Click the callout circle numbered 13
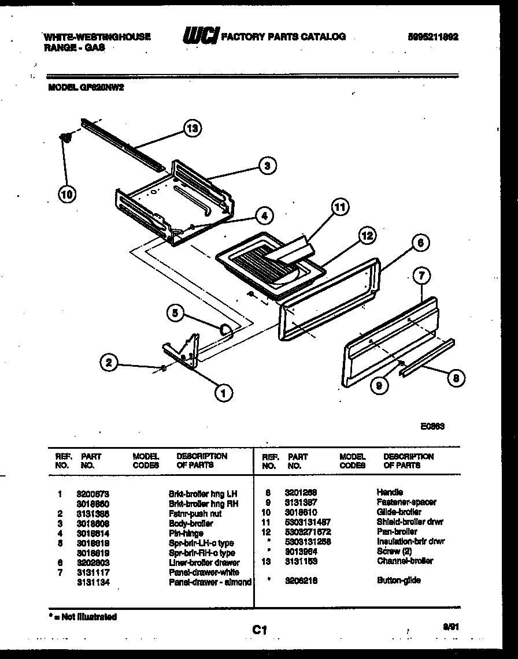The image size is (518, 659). coord(192,129)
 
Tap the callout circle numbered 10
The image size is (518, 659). coord(67,195)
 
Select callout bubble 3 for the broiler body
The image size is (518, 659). coord(266,166)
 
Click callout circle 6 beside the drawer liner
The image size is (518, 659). coord(421,243)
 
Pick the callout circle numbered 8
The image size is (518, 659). coord(456,378)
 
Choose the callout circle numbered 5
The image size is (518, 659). coord(176,314)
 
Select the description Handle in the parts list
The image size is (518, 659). coord(390,492)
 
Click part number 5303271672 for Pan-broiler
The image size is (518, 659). coord(308,531)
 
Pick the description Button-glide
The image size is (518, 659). coord(398,580)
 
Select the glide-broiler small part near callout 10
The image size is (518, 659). coord(66,136)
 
